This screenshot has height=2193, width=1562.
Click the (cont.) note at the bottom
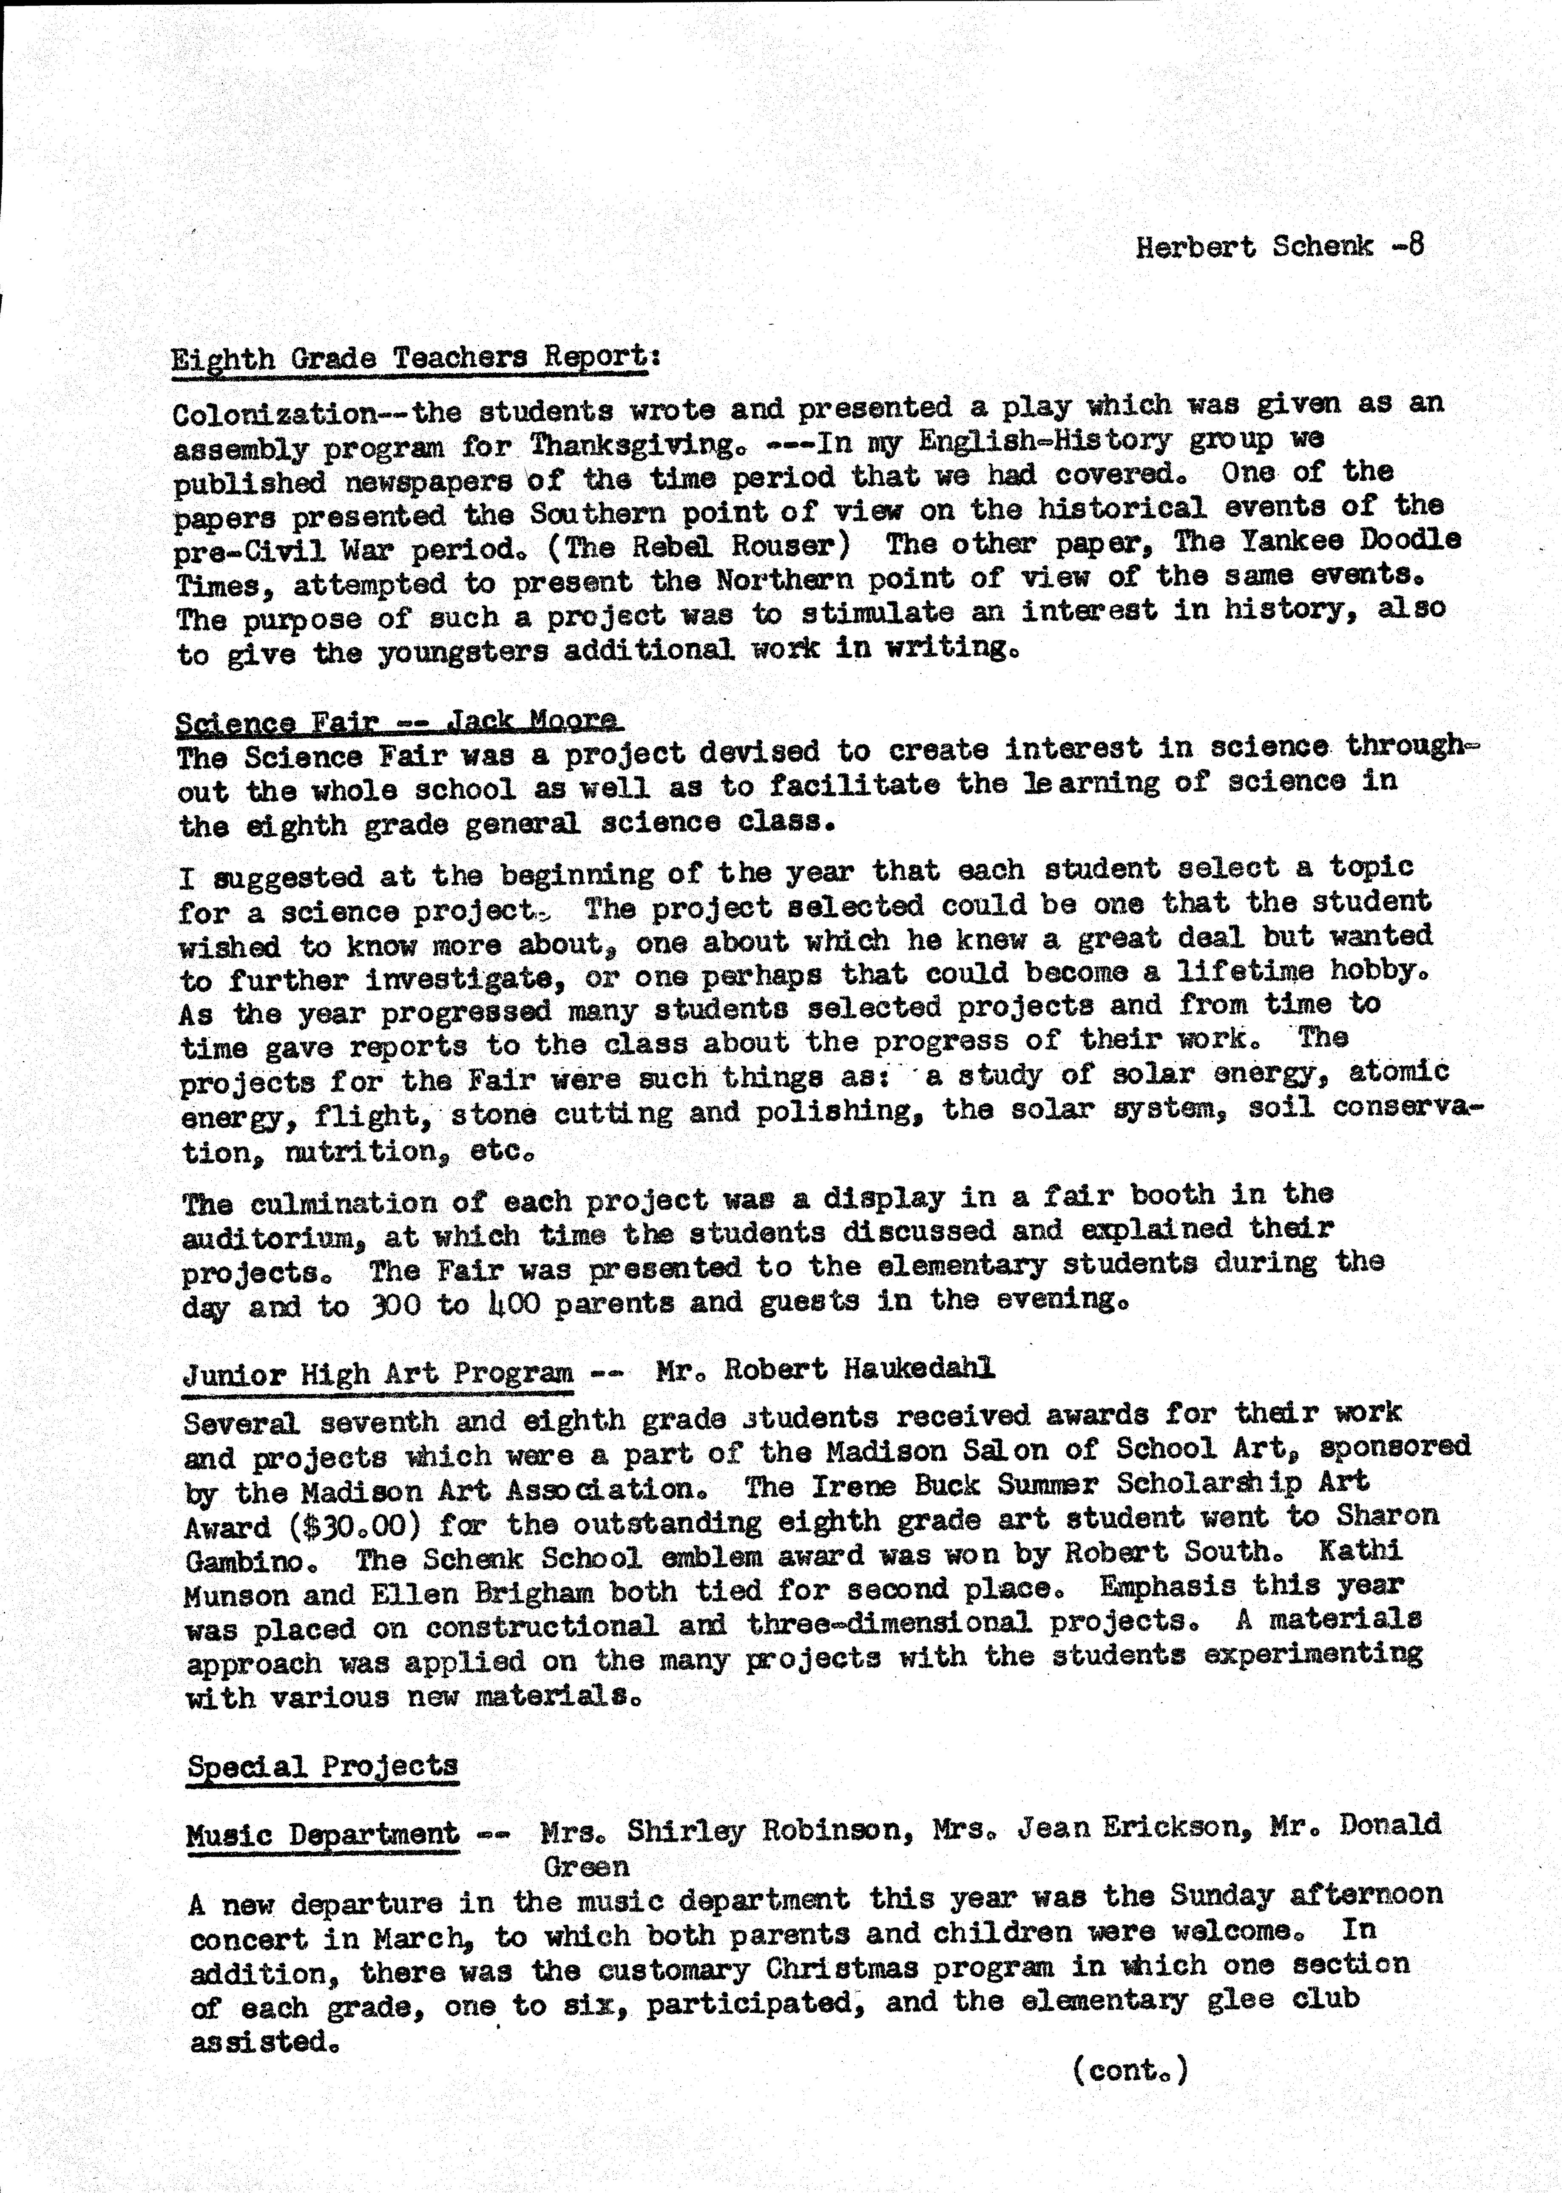coord(1130,2069)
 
